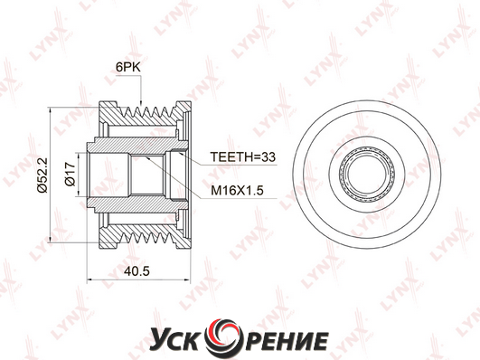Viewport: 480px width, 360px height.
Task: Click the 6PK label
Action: pyautogui.click(x=128, y=68)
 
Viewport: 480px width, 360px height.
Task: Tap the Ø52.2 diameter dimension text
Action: pyautogui.click(x=42, y=175)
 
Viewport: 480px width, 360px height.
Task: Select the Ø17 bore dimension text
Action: pyautogui.click(x=71, y=174)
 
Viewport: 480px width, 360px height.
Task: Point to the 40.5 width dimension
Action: pyautogui.click(x=136, y=270)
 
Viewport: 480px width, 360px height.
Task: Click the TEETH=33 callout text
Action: pyautogui.click(x=243, y=156)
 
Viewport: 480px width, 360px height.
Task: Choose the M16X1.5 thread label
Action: pyautogui.click(x=237, y=191)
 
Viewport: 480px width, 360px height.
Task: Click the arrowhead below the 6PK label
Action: pyautogui.click(x=141, y=102)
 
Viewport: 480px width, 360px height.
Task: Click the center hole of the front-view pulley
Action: pyautogui.click(x=367, y=175)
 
